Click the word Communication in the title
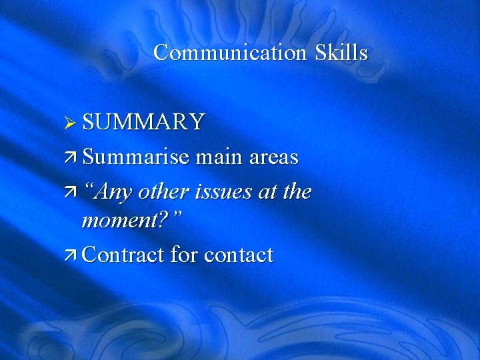[x=231, y=52]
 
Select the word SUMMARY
[x=143, y=122]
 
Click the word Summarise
[x=138, y=157]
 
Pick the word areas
[x=273, y=158]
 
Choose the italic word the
[x=298, y=191]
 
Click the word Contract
[x=124, y=255]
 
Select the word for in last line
[x=184, y=255]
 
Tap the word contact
[x=239, y=255]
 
